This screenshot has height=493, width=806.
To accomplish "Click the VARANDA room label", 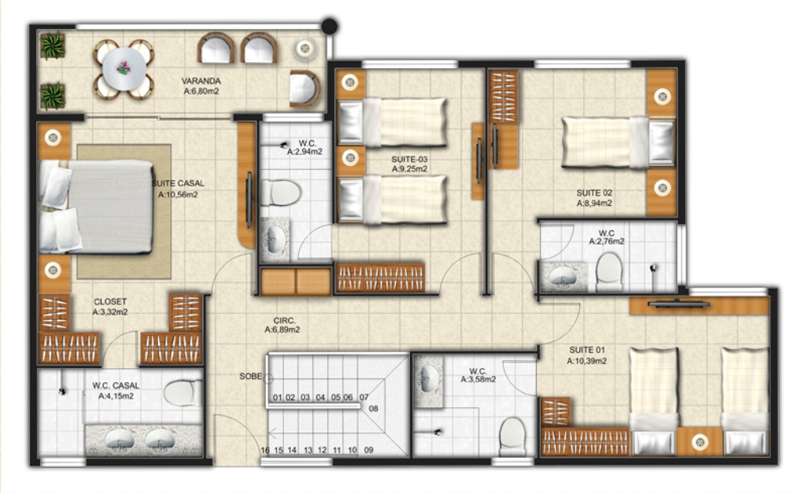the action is coord(201,81).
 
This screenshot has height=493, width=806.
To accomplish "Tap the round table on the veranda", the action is coord(124,69).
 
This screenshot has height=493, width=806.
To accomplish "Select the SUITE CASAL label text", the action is coord(178,183).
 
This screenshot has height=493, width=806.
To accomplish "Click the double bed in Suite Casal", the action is coord(97,207).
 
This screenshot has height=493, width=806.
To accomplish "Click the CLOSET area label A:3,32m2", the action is coord(110,312).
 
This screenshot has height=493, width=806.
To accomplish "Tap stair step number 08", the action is coord(374,409).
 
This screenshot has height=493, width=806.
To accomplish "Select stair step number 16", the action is coord(264,451).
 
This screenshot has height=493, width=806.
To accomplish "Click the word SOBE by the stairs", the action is coord(251,377).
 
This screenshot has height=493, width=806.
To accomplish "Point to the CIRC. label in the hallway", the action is coord(284,321).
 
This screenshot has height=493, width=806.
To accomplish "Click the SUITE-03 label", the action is coord(409,159).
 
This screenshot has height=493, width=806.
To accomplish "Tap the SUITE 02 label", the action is coord(594,193).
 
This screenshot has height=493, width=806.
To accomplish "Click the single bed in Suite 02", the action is coord(618,142).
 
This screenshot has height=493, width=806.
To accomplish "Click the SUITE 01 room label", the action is coord(587,350).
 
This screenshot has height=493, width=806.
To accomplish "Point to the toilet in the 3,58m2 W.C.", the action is coord(512,436).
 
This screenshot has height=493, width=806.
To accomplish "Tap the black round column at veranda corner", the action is coord(330,26).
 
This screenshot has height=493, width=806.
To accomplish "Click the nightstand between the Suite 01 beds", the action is coord(699,441).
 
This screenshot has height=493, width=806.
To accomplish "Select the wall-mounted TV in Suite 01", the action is coord(679,304).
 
